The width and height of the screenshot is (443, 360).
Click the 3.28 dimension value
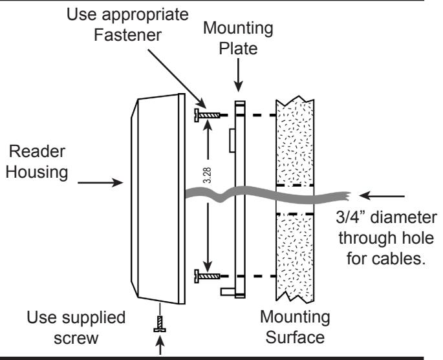pos(207,175)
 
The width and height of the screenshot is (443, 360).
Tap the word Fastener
pos(127,35)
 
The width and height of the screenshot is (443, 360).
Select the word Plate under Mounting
pos(238,48)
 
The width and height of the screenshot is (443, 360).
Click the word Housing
pos(37,172)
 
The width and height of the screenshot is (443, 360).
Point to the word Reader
pos(37,151)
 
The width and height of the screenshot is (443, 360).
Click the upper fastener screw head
pos(197,115)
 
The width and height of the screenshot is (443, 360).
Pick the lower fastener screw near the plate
pos(207,276)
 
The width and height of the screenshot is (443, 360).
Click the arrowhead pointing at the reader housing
pos(118,182)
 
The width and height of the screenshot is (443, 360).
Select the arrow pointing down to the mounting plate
pos(239,75)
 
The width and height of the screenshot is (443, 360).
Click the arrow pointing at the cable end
pos(382,195)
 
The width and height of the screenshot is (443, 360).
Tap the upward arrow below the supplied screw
pos(160,344)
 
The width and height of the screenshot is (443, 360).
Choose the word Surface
pos(295,337)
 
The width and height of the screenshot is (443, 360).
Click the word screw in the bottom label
pos(76,339)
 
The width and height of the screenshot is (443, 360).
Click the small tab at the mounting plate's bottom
pos(228,291)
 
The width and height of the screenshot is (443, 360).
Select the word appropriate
pos(146,15)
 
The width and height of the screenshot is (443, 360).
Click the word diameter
pos(404,217)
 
